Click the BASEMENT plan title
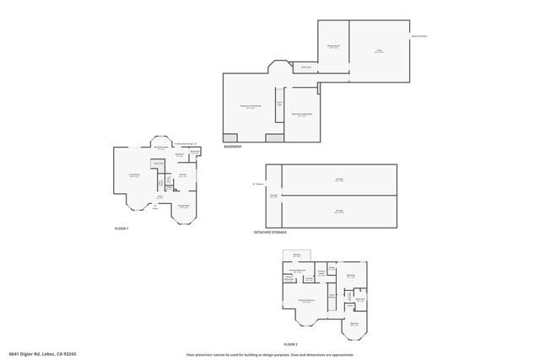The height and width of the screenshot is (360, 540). pos(233,147)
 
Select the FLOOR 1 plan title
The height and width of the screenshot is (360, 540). pos(121,228)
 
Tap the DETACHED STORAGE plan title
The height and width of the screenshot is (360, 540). pos(270,232)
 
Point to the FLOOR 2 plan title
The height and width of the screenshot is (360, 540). pos(291,345)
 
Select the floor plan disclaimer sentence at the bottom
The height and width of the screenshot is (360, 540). pos(270,354)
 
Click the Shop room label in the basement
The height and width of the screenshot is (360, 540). pos(379,51)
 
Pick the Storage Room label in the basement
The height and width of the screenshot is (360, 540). pos(333,46)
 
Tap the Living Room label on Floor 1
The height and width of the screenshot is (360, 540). pos(133,175)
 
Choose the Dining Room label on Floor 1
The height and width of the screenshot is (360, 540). pos(183,206)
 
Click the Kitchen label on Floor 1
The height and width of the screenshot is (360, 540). pos(183,175)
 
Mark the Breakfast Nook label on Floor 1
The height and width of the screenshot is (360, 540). pos(160,148)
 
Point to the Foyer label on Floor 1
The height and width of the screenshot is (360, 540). pos(159,197)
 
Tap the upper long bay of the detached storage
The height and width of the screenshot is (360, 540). pos(338,180)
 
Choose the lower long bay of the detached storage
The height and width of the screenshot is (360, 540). pos(338,212)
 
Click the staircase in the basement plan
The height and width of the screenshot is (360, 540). pos(278,101)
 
